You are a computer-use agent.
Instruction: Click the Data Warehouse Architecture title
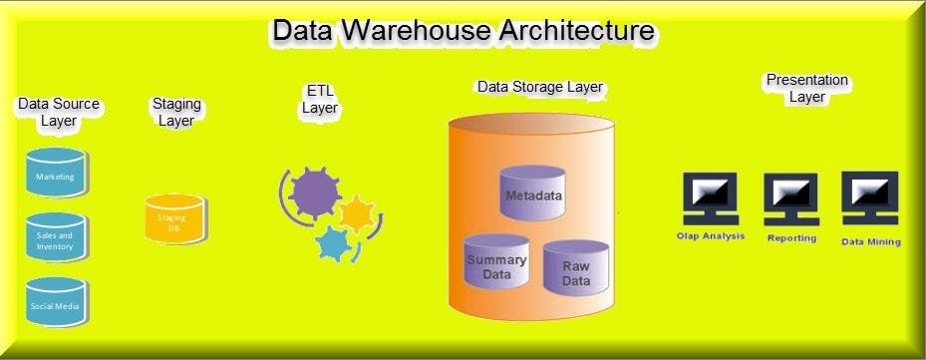tap(463, 30)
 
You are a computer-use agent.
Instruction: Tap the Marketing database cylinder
tap(56, 175)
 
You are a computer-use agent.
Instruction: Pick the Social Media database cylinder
tap(56, 304)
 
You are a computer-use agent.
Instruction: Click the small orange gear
tap(356, 213)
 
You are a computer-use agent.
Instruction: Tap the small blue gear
tap(332, 242)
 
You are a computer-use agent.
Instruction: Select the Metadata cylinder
tap(532, 192)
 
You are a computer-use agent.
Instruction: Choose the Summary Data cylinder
tap(496, 264)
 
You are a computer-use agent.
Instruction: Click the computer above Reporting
tap(790, 199)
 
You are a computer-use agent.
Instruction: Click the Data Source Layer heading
tap(59, 112)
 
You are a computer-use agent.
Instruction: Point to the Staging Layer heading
tap(176, 112)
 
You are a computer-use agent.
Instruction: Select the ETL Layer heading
tap(320, 100)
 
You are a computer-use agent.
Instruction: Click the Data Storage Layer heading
tap(539, 87)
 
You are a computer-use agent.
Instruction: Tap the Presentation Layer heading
tap(806, 88)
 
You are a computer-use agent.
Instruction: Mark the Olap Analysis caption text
tap(709, 236)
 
